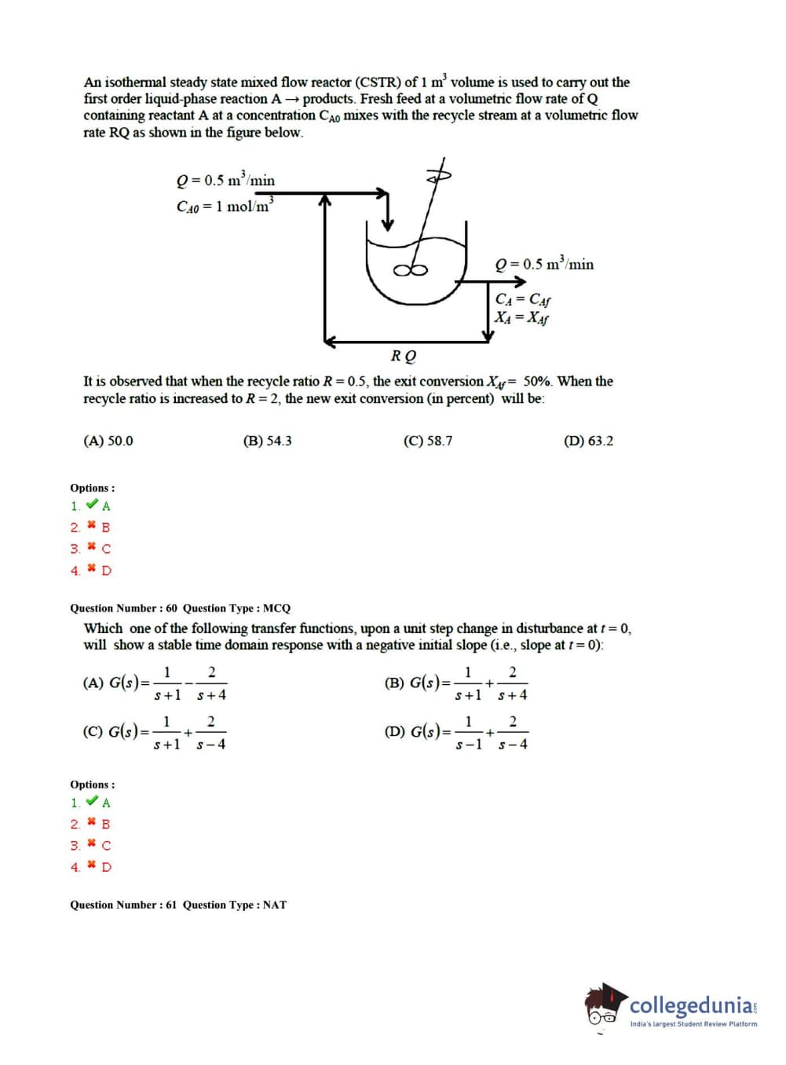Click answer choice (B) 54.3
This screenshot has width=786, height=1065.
pyautogui.click(x=267, y=441)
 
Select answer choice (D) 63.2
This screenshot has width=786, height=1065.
pyautogui.click(x=588, y=441)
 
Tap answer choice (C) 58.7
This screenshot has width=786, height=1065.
pyautogui.click(x=427, y=441)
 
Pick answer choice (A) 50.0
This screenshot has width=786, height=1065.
pyautogui.click(x=108, y=441)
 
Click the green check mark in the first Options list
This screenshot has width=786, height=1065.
pyautogui.click(x=92, y=505)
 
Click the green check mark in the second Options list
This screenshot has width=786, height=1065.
pyautogui.click(x=92, y=802)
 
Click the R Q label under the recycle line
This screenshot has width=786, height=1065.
pyautogui.click(x=404, y=356)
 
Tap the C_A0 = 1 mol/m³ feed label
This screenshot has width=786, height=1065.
pyautogui.click(x=225, y=206)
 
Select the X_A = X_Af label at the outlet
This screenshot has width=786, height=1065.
pyautogui.click(x=521, y=317)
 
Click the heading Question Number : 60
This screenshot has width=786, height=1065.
pyautogui.click(x=124, y=608)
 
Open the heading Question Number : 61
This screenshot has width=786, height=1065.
pyautogui.click(x=124, y=905)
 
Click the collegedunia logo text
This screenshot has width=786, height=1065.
pyautogui.click(x=692, y=1005)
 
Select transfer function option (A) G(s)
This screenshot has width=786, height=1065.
pyautogui.click(x=155, y=683)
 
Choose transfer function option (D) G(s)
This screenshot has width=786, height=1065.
pyautogui.click(x=455, y=732)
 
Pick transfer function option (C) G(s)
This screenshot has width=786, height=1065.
pyautogui.click(x=155, y=732)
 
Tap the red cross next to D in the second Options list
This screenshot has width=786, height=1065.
pyautogui.click(x=92, y=866)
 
